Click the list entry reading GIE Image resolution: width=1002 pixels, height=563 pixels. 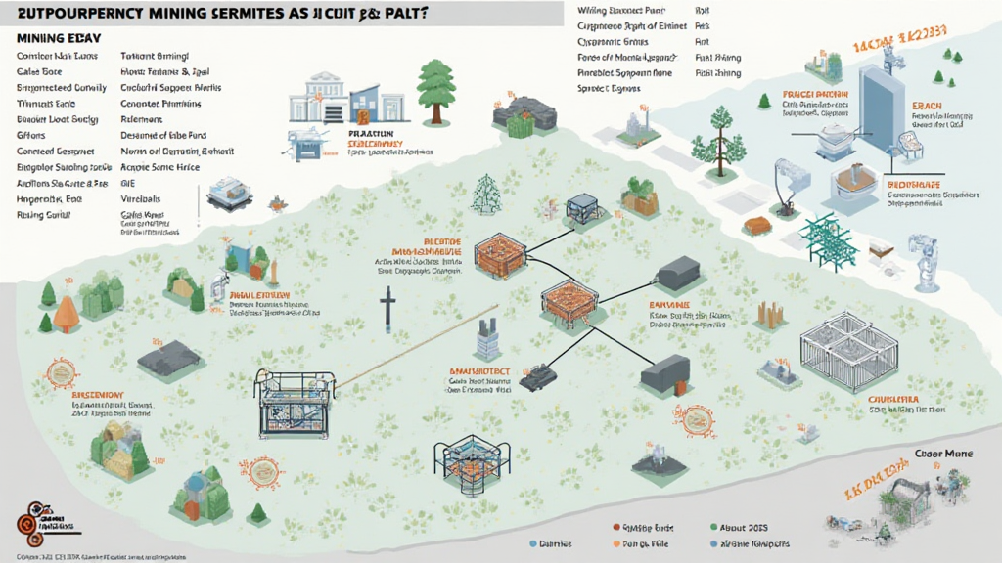point(127,183)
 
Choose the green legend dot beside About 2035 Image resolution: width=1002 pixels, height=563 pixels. point(715,526)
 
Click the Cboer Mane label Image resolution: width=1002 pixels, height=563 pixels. point(942,454)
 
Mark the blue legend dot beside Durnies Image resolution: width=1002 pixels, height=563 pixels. point(530,543)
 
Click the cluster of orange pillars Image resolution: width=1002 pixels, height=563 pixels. point(769,314)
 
